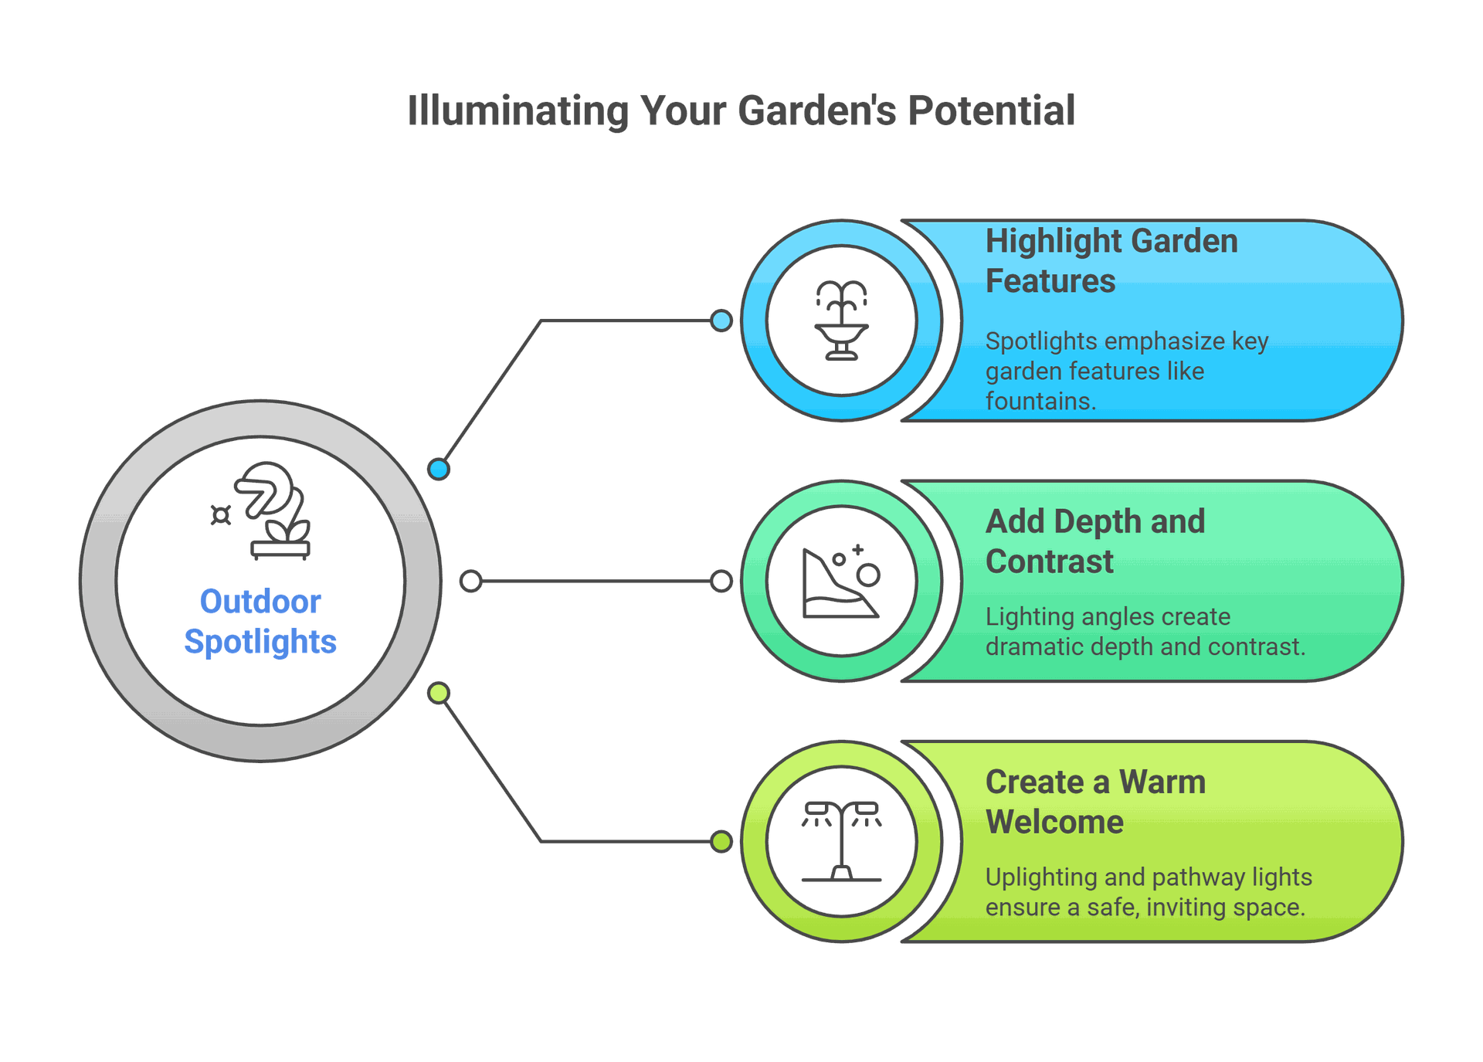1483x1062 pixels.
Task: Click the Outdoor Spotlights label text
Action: pyautogui.click(x=260, y=622)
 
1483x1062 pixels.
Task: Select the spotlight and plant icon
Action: pyautogui.click(x=266, y=510)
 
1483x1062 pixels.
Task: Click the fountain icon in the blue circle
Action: pyautogui.click(x=842, y=320)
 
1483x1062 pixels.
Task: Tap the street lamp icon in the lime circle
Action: pyautogui.click(x=841, y=841)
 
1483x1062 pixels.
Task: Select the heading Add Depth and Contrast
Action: pyautogui.click(x=1094, y=541)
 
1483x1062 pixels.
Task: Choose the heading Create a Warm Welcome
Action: pyautogui.click(x=1094, y=802)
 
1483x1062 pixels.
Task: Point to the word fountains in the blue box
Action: pyautogui.click(x=1039, y=402)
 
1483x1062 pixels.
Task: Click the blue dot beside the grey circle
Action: pyautogui.click(x=439, y=469)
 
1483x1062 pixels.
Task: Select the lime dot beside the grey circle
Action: pyautogui.click(x=439, y=693)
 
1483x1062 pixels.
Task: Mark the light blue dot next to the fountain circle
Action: pyautogui.click(x=721, y=321)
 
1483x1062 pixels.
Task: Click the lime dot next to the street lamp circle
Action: pyautogui.click(x=721, y=841)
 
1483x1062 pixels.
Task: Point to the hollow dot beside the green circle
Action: pyautogui.click(x=721, y=581)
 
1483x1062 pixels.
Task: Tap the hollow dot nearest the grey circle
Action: pyautogui.click(x=470, y=581)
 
